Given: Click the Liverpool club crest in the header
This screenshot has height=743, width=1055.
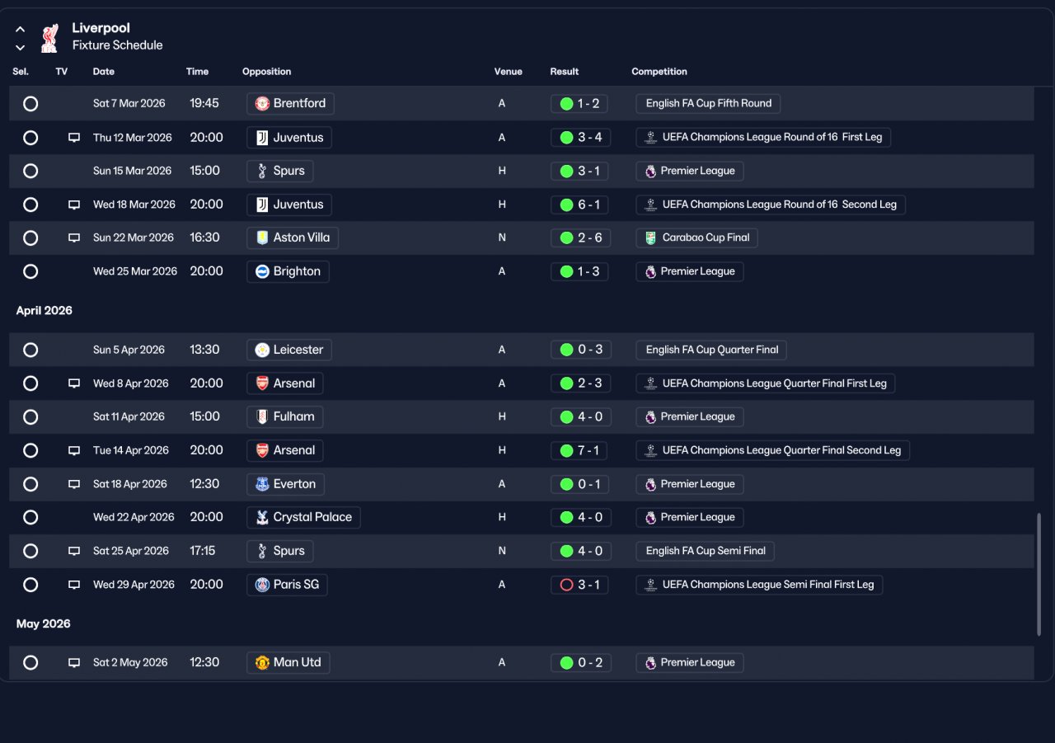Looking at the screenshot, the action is pyautogui.click(x=49, y=38).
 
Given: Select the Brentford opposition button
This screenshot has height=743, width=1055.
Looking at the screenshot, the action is pyautogui.click(x=290, y=104).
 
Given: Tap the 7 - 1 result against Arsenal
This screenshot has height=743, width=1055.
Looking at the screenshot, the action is pyautogui.click(x=579, y=450).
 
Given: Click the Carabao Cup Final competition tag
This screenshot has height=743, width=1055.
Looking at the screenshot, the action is pyautogui.click(x=696, y=238).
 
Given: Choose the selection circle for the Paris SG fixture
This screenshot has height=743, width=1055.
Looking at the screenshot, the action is pyautogui.click(x=30, y=585).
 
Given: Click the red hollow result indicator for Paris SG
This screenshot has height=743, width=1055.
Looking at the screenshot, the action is pyautogui.click(x=566, y=585).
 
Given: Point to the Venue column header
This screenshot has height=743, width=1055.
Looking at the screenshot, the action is pyautogui.click(x=508, y=72).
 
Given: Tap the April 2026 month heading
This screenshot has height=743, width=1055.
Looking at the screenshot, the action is pyautogui.click(x=45, y=311).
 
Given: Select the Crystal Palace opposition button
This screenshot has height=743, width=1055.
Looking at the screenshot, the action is pyautogui.click(x=303, y=517).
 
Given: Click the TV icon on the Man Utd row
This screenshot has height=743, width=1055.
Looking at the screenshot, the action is pyautogui.click(x=74, y=662).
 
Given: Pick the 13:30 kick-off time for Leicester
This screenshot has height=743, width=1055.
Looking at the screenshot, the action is pyautogui.click(x=204, y=350).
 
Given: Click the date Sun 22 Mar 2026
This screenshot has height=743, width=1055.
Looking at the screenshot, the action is pyautogui.click(x=134, y=238).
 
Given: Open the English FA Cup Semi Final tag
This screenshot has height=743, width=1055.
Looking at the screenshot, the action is pyautogui.click(x=705, y=551).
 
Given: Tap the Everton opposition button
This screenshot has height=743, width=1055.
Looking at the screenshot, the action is pyautogui.click(x=285, y=484).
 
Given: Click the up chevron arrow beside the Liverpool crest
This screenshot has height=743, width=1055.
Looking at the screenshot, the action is pyautogui.click(x=21, y=29).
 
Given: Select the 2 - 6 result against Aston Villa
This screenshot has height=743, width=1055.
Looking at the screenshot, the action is pyautogui.click(x=580, y=238).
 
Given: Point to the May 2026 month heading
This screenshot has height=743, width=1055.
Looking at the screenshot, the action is pyautogui.click(x=44, y=623).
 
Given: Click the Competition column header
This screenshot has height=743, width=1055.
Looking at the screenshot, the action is pyautogui.click(x=659, y=72).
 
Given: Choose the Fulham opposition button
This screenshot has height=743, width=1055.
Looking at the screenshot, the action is pyautogui.click(x=285, y=417).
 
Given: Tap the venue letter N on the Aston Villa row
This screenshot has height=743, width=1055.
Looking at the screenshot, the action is pyautogui.click(x=502, y=238).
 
